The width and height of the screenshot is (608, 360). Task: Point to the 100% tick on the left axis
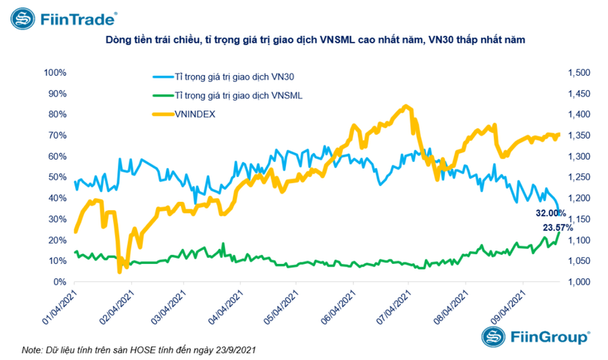(56, 73)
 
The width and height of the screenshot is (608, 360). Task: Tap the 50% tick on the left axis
(58, 177)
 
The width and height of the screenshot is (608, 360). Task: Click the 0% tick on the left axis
(60, 282)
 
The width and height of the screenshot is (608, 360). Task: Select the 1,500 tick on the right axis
(579, 73)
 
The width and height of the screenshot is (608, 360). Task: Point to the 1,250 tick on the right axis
(579, 177)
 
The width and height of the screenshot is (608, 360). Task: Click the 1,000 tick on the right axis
(579, 282)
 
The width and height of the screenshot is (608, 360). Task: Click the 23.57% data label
(558, 227)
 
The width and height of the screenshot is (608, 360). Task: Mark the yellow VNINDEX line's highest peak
(406, 106)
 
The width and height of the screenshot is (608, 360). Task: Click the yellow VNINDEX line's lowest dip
(119, 271)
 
